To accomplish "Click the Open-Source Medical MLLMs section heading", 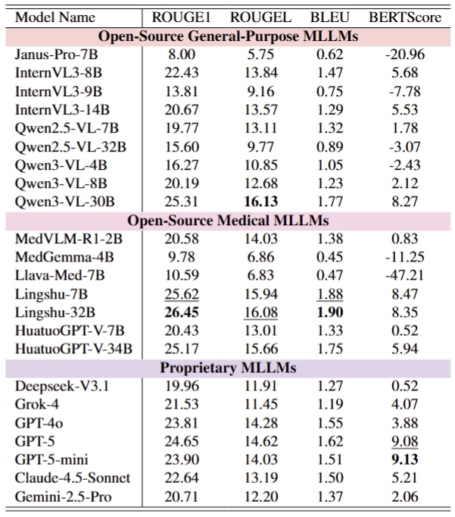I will [x=227, y=220].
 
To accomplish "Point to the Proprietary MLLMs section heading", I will [x=227, y=368].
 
